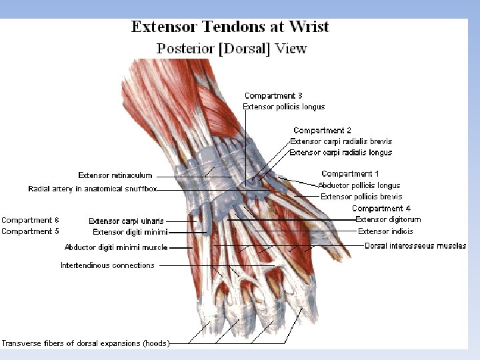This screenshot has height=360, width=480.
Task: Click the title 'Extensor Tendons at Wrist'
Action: tap(231, 27)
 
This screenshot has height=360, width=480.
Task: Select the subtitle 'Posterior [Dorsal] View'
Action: tap(231, 49)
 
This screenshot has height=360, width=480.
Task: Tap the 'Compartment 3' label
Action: tap(273, 96)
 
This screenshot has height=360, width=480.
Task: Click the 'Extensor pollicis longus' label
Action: tap(283, 107)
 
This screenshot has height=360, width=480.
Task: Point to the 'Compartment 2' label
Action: tap(322, 131)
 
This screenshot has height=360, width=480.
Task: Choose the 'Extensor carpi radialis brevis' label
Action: tap(341, 141)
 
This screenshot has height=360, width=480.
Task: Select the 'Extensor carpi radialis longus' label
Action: tap(341, 153)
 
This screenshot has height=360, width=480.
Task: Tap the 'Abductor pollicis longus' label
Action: tap(359, 185)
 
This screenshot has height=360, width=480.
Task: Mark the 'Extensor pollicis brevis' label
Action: tap(361, 197)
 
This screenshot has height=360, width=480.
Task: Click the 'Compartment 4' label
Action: tap(381, 209)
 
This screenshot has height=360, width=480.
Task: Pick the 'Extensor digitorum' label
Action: tap(388, 219)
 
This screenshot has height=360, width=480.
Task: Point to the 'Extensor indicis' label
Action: tap(385, 231)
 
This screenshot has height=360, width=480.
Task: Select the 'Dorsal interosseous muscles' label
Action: tap(415, 246)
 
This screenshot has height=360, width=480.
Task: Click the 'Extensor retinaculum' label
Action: tap(115, 175)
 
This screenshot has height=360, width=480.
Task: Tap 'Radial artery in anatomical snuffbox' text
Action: tap(93, 189)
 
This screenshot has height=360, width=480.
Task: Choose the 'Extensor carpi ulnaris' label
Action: tap(126, 221)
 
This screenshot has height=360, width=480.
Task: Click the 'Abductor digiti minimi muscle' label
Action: tap(116, 247)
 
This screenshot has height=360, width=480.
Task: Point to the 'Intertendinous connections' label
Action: tap(107, 265)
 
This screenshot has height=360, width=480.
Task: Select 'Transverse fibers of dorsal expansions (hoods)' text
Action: tap(85, 343)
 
